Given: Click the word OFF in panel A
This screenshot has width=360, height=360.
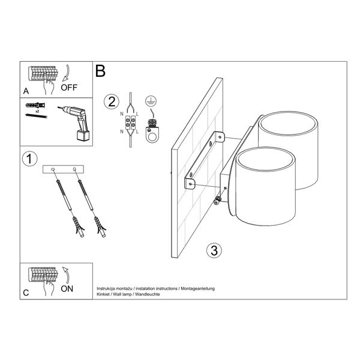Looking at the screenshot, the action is pos(69,88).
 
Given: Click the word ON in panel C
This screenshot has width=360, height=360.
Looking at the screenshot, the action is pos(67,289).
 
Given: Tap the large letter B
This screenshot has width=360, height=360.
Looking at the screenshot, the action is pos(100,71).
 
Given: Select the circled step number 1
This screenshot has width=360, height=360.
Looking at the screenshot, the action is pos(29,159).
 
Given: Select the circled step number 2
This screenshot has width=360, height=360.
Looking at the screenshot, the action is pos(112,102).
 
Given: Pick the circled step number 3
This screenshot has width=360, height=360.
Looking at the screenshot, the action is pos(214,250).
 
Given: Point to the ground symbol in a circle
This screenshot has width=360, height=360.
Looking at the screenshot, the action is pos(151,101).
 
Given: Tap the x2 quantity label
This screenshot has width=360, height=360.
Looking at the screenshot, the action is pos(37,111).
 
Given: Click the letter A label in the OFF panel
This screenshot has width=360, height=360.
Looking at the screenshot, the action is pos(26,91).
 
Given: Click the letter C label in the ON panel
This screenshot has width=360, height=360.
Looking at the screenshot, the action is pos(26,293).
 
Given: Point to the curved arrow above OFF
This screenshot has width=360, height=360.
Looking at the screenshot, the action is pos(67,73).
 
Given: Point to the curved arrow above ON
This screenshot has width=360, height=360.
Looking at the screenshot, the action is pos(67,275).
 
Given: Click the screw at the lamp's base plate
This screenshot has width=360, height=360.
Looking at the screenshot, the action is pos(217,200).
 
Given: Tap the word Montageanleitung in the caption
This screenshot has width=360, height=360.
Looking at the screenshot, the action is pos(197,289).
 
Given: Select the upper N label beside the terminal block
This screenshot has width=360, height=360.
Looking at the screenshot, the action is pos(122,114).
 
